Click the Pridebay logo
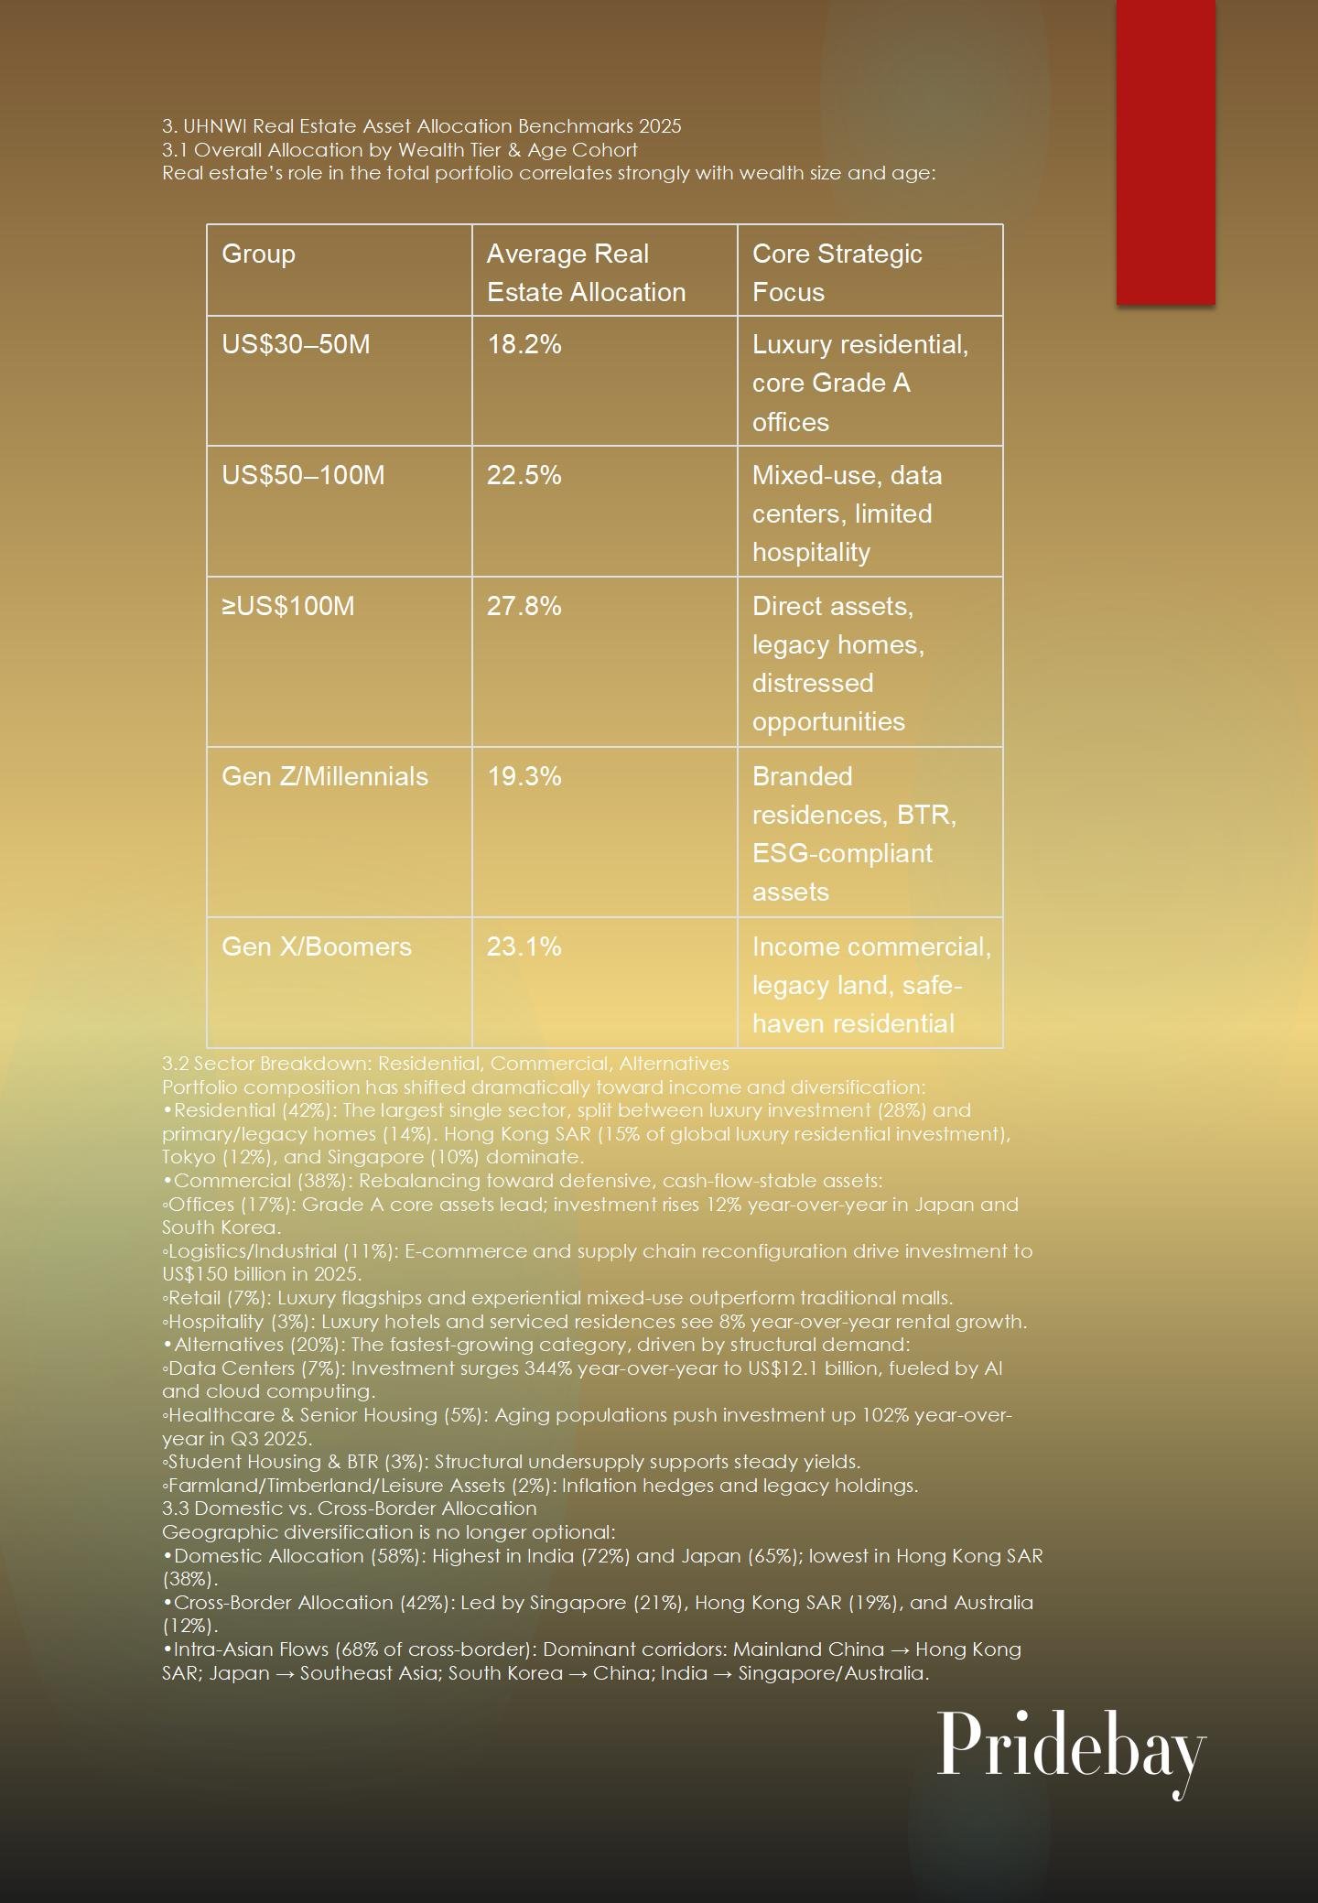click(1071, 1746)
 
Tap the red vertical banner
click(1165, 152)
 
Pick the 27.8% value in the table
click(524, 607)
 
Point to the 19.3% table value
click(524, 777)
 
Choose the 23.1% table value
click(524, 947)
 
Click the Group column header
click(258, 254)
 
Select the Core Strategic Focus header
click(837, 273)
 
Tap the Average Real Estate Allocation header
click(586, 273)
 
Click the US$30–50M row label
click(296, 345)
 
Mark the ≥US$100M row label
click(287, 607)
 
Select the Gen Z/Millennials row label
click(324, 777)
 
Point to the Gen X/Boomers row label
click(316, 947)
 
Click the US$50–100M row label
click(303, 476)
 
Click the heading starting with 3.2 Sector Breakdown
click(445, 1064)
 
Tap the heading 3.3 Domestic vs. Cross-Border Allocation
click(349, 1508)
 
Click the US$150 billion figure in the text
click(232, 1274)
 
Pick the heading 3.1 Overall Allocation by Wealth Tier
click(399, 150)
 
